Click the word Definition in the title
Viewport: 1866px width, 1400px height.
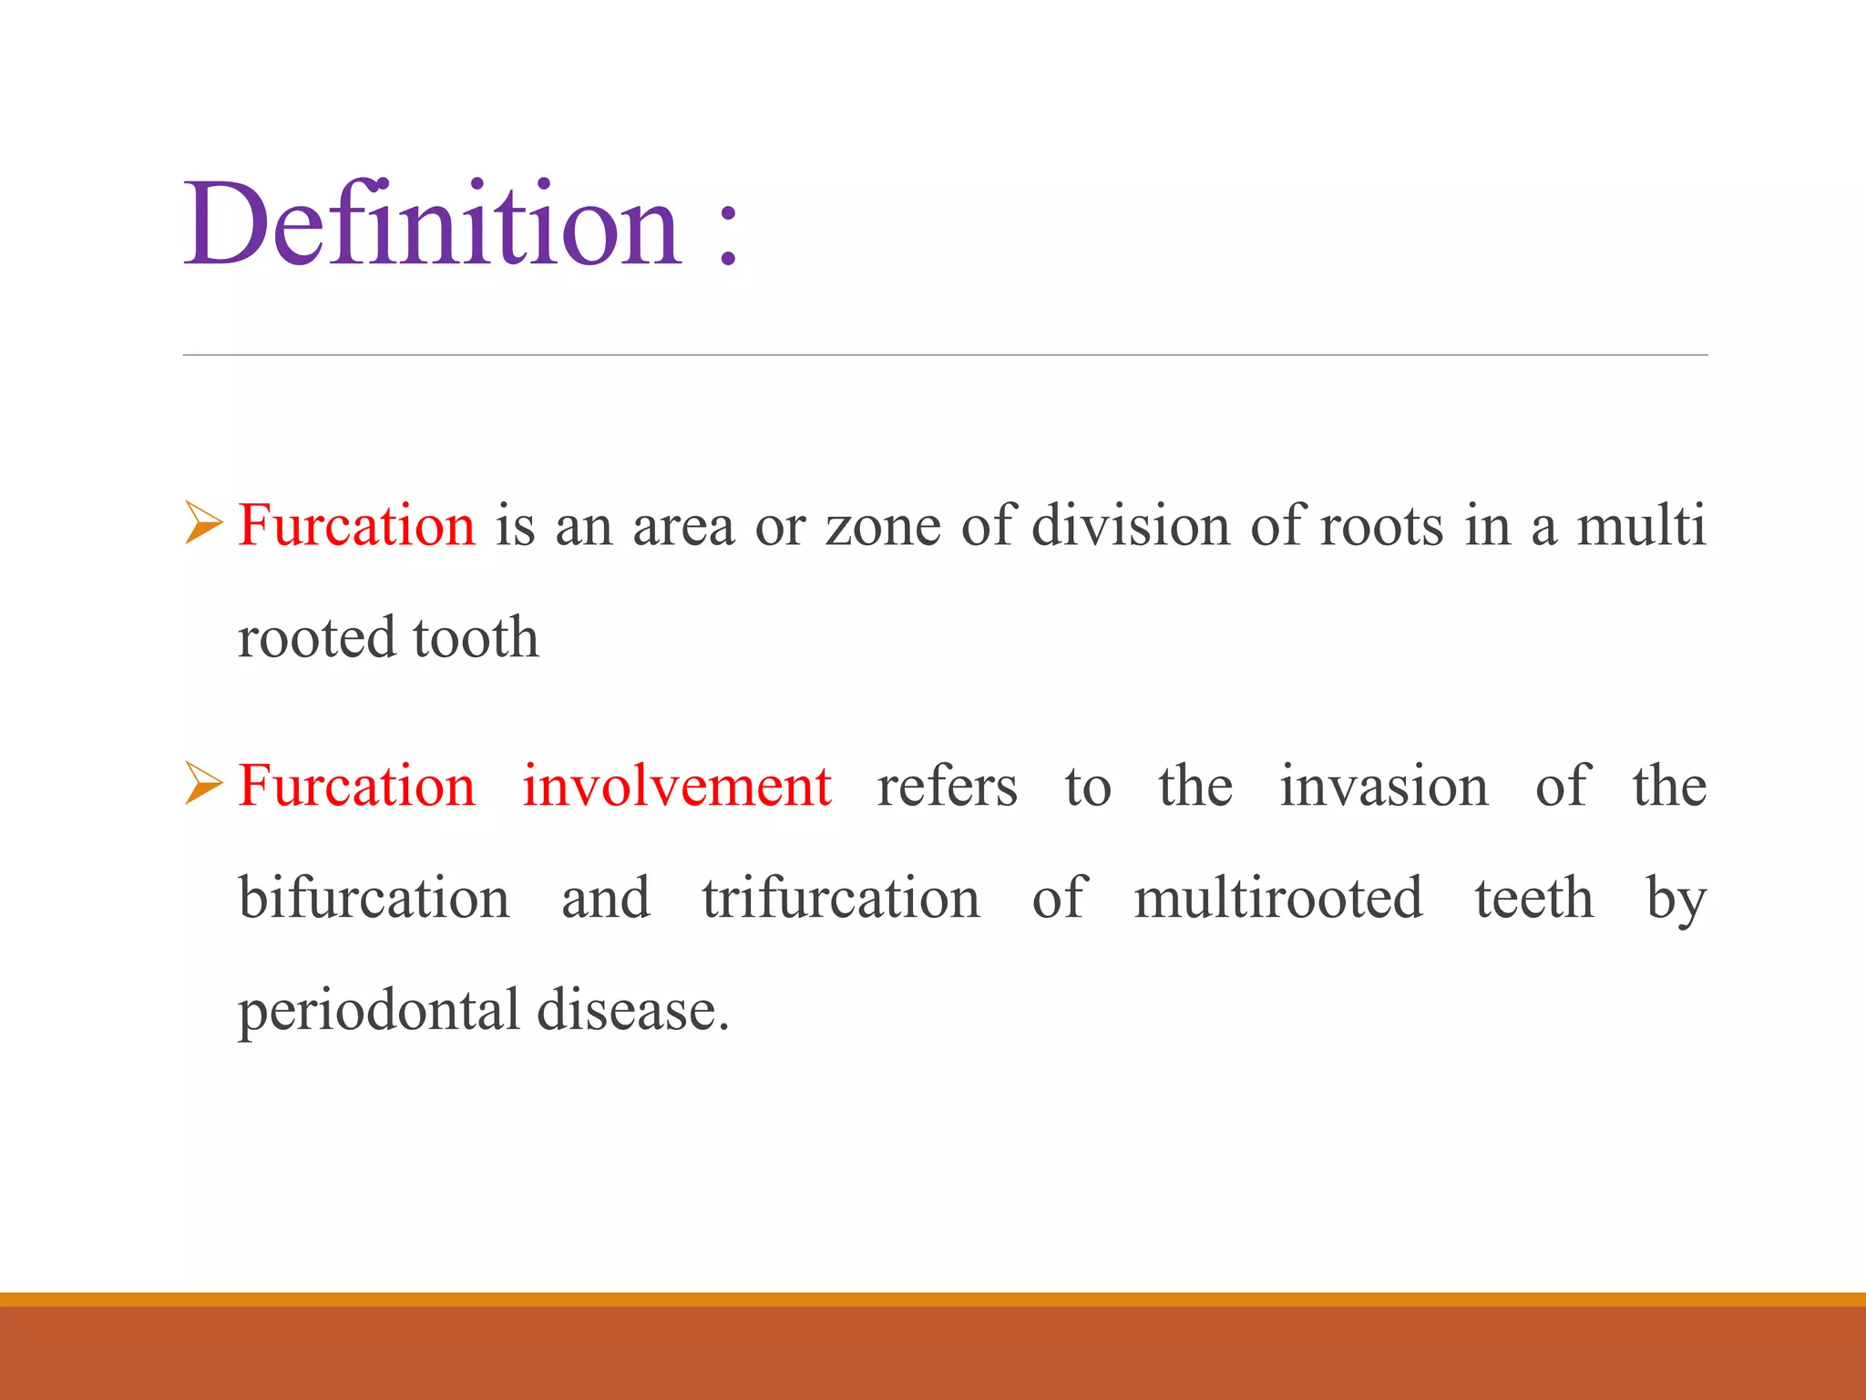[433, 224]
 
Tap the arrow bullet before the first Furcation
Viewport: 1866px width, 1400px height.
[203, 523]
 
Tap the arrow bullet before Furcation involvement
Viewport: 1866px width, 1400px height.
[203, 784]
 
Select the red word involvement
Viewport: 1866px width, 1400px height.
[676, 786]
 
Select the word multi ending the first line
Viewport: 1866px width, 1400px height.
[1641, 526]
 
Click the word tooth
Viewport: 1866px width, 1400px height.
[476, 637]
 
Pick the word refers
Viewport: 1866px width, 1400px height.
[947, 786]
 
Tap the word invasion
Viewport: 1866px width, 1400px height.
[1383, 786]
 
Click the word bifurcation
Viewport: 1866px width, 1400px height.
[374, 898]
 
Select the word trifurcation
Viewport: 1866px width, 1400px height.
[840, 898]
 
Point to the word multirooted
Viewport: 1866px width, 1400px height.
[1277, 898]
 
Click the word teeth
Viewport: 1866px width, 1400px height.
[1534, 898]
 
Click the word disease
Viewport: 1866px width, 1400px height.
[632, 1011]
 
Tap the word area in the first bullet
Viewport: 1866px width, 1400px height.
[683, 528]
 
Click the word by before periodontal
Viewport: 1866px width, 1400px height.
[1676, 901]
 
